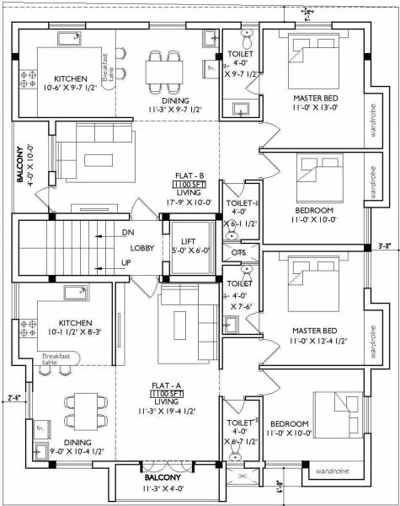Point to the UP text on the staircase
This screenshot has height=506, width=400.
(x=127, y=264)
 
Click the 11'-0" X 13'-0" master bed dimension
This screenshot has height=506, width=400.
(x=314, y=106)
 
